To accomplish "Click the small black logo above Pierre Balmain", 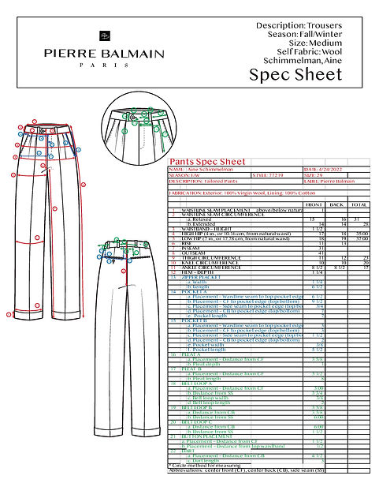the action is (102, 36).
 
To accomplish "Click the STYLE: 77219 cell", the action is (273, 174).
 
